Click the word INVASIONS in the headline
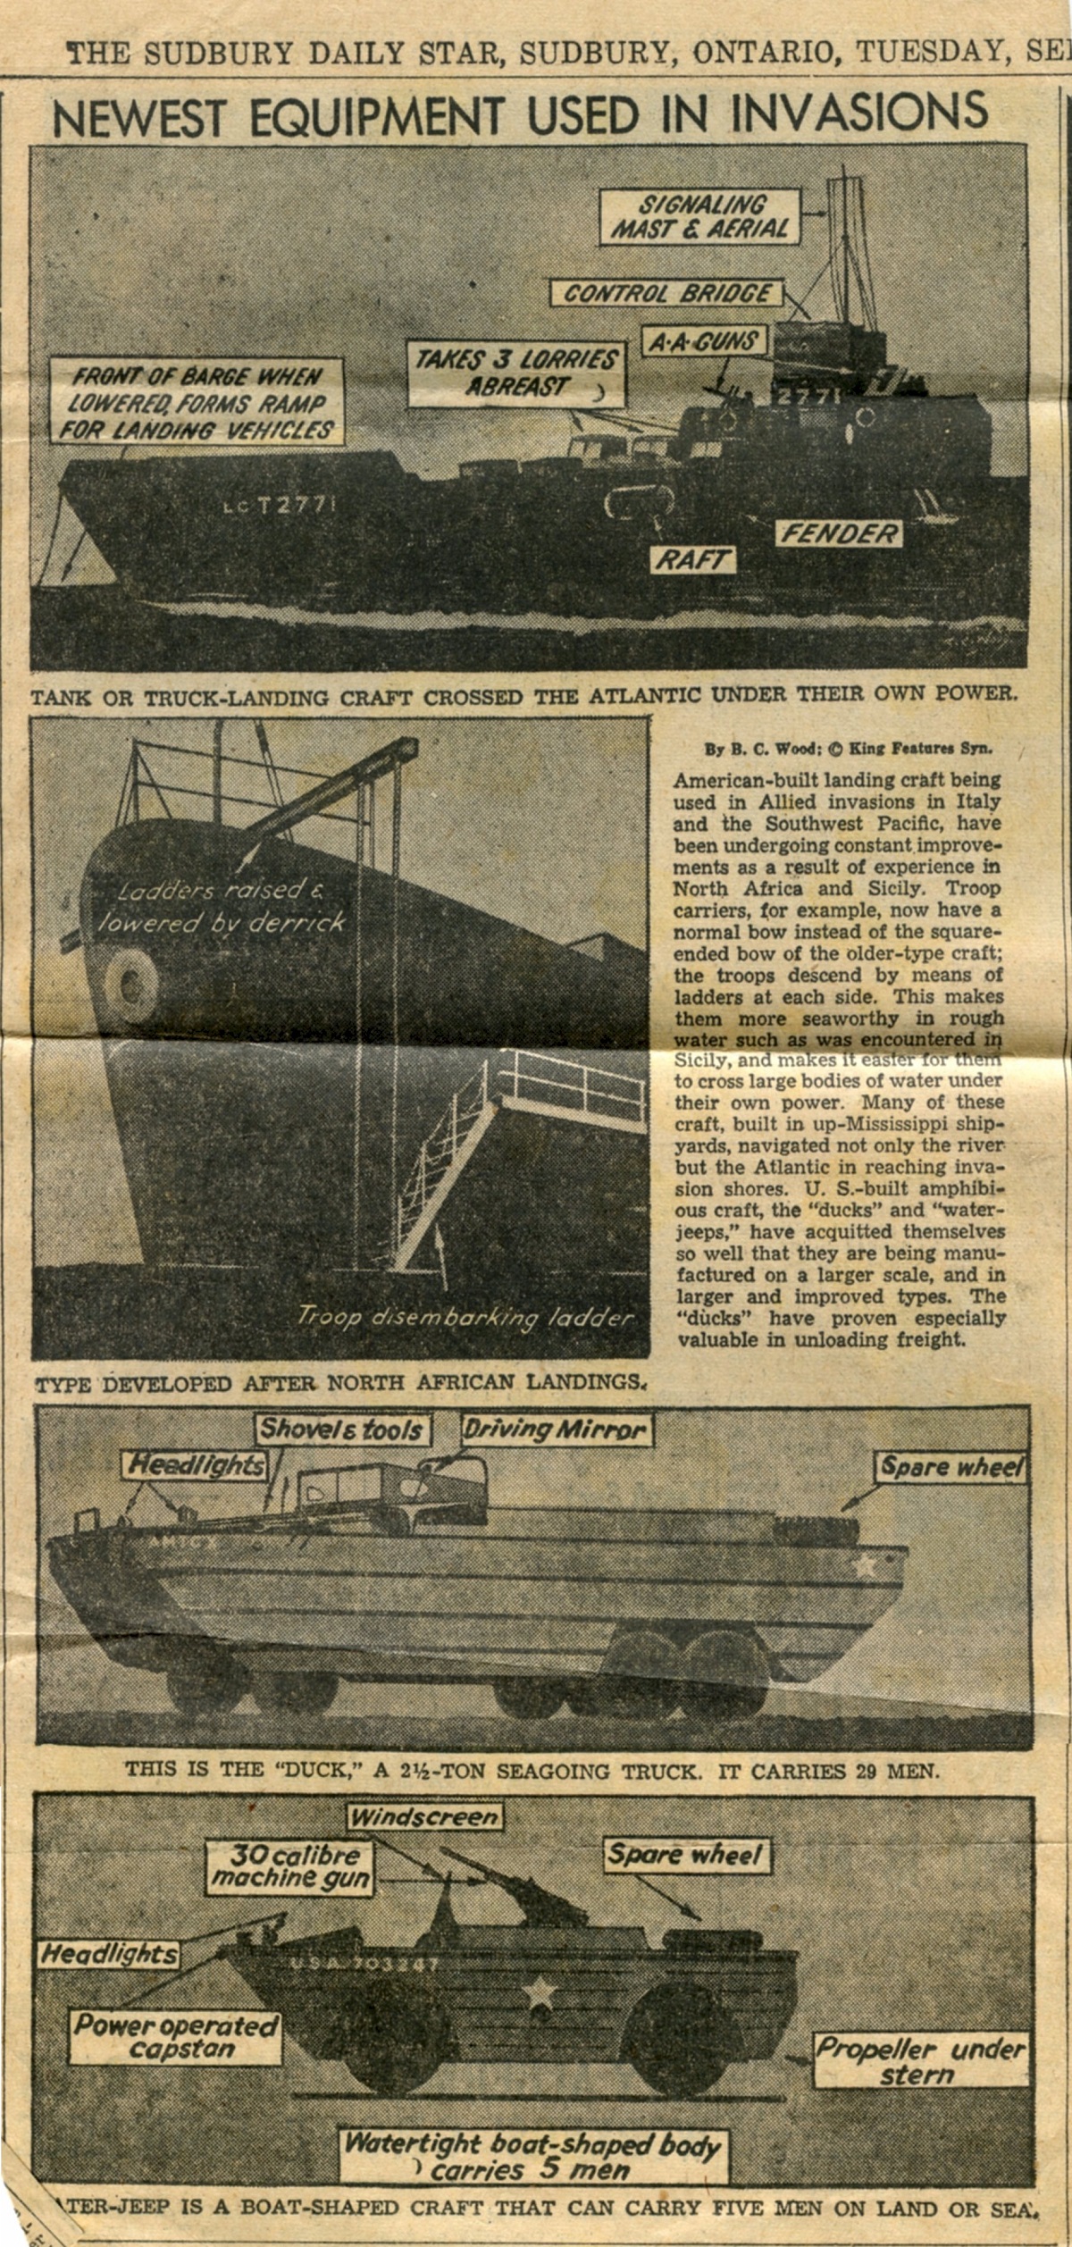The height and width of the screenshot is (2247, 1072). click(859, 113)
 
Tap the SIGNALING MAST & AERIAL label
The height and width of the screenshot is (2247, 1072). click(700, 215)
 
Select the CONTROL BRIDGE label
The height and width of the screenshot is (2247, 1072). click(667, 293)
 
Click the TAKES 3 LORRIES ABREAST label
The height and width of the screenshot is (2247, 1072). click(516, 373)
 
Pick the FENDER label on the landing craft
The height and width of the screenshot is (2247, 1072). click(839, 534)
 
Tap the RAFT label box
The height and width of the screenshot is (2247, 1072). click(692, 560)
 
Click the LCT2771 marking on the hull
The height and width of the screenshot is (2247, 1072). click(280, 506)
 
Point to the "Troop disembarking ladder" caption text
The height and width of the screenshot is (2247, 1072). click(465, 1317)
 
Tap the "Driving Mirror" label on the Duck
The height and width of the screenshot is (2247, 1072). click(556, 1430)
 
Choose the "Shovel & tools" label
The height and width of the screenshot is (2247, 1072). click(340, 1430)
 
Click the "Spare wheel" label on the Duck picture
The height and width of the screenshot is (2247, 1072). click(952, 1467)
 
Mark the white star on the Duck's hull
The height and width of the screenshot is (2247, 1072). click(863, 1564)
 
